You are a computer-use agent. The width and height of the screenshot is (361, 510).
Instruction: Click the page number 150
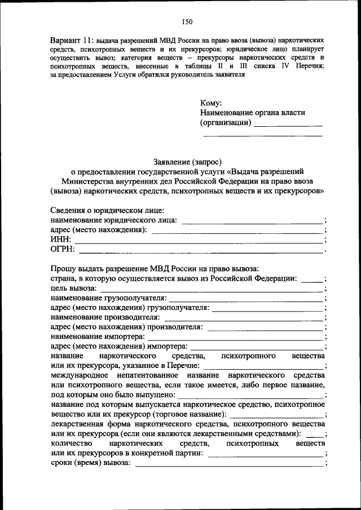click(187, 22)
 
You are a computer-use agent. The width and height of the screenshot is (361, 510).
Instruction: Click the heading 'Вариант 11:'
click(72, 42)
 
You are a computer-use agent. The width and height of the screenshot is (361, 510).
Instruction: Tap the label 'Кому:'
click(212, 103)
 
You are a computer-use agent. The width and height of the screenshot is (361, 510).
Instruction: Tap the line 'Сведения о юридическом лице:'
click(107, 210)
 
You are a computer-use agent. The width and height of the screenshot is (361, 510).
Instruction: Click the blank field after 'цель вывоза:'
click(212, 289)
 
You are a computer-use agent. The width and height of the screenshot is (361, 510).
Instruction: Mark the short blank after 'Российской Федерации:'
click(312, 278)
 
